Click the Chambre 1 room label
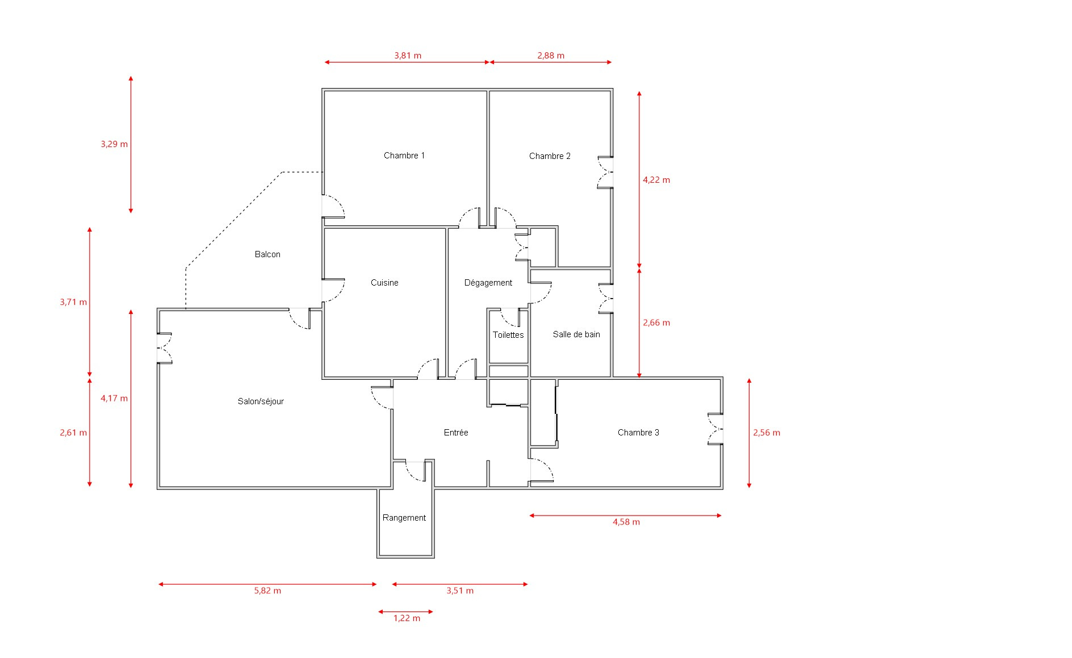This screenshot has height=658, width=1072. (404, 156)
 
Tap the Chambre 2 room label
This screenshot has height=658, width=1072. (550, 156)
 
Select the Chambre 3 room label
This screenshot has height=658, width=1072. (638, 433)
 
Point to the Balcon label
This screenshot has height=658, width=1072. (267, 254)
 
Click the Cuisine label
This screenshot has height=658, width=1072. (384, 283)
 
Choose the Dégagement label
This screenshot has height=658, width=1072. (488, 283)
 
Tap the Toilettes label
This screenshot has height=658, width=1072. (508, 335)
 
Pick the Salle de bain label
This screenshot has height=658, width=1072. (576, 334)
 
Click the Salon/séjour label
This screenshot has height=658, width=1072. (261, 401)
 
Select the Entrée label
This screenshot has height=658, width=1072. (456, 433)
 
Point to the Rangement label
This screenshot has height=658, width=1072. (404, 518)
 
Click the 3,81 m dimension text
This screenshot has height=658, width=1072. (408, 56)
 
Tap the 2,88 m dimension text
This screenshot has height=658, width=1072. (551, 56)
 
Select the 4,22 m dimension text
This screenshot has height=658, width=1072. (656, 180)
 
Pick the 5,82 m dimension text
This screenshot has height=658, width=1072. (267, 590)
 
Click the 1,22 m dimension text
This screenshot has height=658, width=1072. (407, 618)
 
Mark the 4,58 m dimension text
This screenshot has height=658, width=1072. (626, 522)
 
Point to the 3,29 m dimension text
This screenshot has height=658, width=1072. (114, 144)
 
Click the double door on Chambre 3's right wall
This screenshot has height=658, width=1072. (715, 429)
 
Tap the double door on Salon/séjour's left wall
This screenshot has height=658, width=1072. (165, 347)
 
